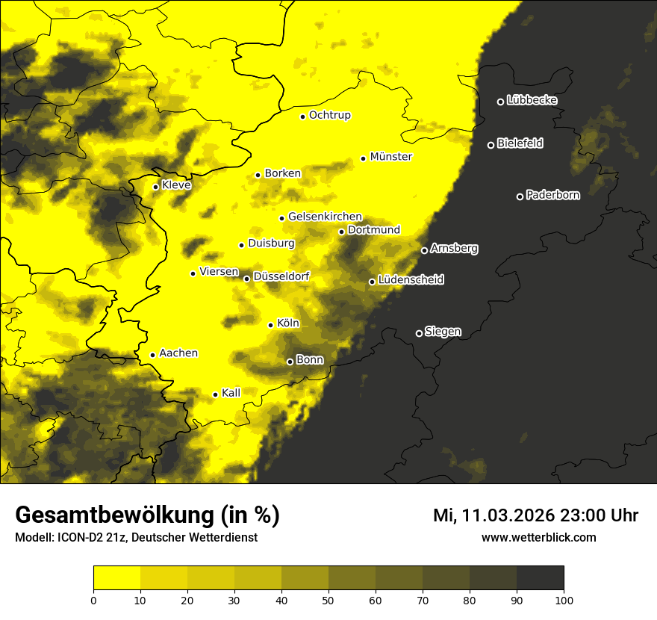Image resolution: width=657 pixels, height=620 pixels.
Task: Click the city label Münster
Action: coord(390,157)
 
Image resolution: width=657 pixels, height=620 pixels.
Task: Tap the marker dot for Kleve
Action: coord(155,187)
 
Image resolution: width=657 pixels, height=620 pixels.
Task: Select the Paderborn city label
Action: coord(552,195)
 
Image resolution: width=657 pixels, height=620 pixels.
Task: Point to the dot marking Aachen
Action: coord(152,355)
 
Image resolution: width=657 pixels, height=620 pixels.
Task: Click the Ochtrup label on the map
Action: coord(329,115)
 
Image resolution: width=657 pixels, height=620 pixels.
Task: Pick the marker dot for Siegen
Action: coord(419,333)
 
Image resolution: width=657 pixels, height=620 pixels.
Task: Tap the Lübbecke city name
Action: coord(532,100)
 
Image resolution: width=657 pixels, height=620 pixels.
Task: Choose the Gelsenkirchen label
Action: coord(325,217)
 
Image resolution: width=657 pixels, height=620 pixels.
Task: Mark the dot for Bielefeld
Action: coord(491,145)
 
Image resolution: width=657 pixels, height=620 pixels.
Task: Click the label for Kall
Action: coord(231,393)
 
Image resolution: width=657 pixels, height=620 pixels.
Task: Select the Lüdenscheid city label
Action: coord(411,280)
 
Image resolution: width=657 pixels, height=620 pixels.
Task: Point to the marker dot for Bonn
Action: coord(290,362)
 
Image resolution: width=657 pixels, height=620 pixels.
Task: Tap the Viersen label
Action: coord(219,272)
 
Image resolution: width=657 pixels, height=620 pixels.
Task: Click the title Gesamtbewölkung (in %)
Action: coord(147,515)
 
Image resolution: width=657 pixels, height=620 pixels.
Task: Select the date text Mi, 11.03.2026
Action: coord(492,515)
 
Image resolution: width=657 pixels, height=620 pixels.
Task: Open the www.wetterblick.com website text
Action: coord(538,538)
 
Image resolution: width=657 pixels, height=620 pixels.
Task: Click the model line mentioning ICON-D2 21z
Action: coord(136,538)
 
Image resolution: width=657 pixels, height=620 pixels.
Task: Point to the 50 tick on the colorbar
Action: coord(328,599)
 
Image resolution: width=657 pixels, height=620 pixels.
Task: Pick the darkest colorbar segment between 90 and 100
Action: coord(540,578)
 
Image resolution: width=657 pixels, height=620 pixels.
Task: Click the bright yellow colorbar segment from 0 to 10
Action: coord(116,578)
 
